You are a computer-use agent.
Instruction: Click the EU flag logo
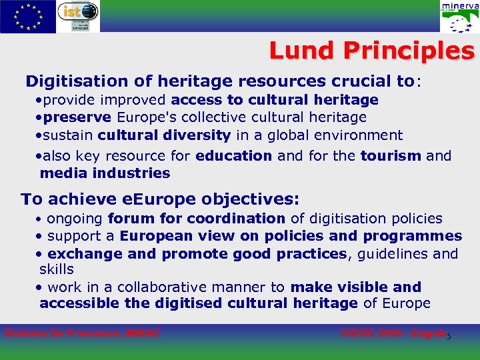pos(28,17)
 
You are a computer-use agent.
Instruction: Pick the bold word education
pos(233,155)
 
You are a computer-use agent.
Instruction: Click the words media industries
pos(105,173)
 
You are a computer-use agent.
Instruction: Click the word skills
pos(57,269)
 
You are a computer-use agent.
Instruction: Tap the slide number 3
pos(449,336)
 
